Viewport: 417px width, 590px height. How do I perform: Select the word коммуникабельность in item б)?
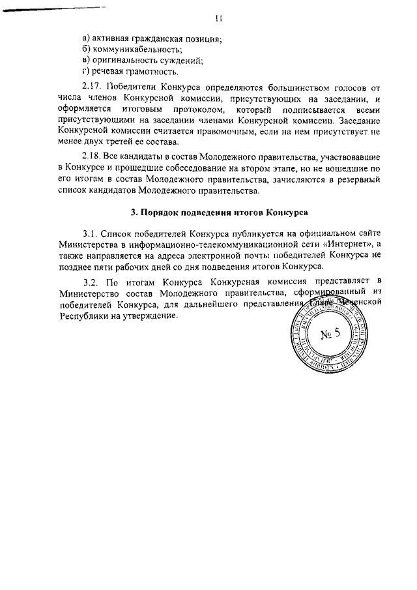pyautogui.click(x=137, y=50)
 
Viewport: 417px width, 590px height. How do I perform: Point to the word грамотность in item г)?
pyautogui.click(x=154, y=72)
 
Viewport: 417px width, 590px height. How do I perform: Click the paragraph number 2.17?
pyautogui.click(x=94, y=87)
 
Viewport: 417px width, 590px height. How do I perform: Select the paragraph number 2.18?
pyautogui.click(x=94, y=158)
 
